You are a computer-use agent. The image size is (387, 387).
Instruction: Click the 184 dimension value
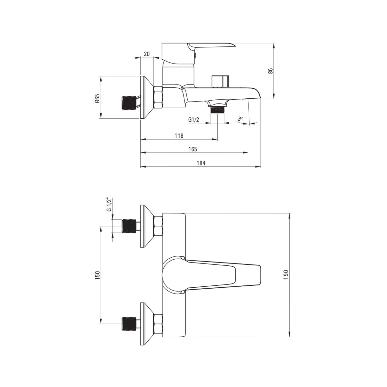pos(201,163)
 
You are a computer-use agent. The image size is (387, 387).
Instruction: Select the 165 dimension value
pos(193,149)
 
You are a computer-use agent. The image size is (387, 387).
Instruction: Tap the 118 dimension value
pos(179,136)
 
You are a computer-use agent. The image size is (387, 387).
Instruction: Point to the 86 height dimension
pos(271,71)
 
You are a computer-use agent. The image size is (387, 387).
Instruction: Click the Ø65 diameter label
pos(97,98)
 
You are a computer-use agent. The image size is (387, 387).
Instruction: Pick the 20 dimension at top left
pos(147,54)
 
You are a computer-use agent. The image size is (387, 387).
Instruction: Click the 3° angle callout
pos(240,119)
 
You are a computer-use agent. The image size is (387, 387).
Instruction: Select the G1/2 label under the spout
pos(193,120)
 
